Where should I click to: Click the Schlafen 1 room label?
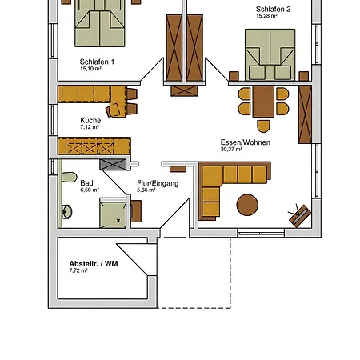[97, 62]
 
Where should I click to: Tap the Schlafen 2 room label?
[273, 10]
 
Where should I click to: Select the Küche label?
[90, 120]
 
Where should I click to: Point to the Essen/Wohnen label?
[246, 142]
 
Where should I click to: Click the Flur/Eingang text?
[158, 183]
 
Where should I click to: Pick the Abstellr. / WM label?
[94, 264]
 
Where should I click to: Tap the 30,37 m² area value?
[231, 150]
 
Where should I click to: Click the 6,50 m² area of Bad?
[90, 190]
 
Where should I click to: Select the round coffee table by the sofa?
[247, 205]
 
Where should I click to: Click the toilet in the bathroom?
[70, 177]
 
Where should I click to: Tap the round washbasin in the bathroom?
[66, 212]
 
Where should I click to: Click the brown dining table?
[263, 102]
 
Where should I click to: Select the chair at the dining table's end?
[263, 126]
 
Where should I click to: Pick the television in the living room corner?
[300, 215]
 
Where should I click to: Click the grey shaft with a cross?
[113, 165]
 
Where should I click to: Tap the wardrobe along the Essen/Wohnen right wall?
[305, 114]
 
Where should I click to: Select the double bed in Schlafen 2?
[270, 54]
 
